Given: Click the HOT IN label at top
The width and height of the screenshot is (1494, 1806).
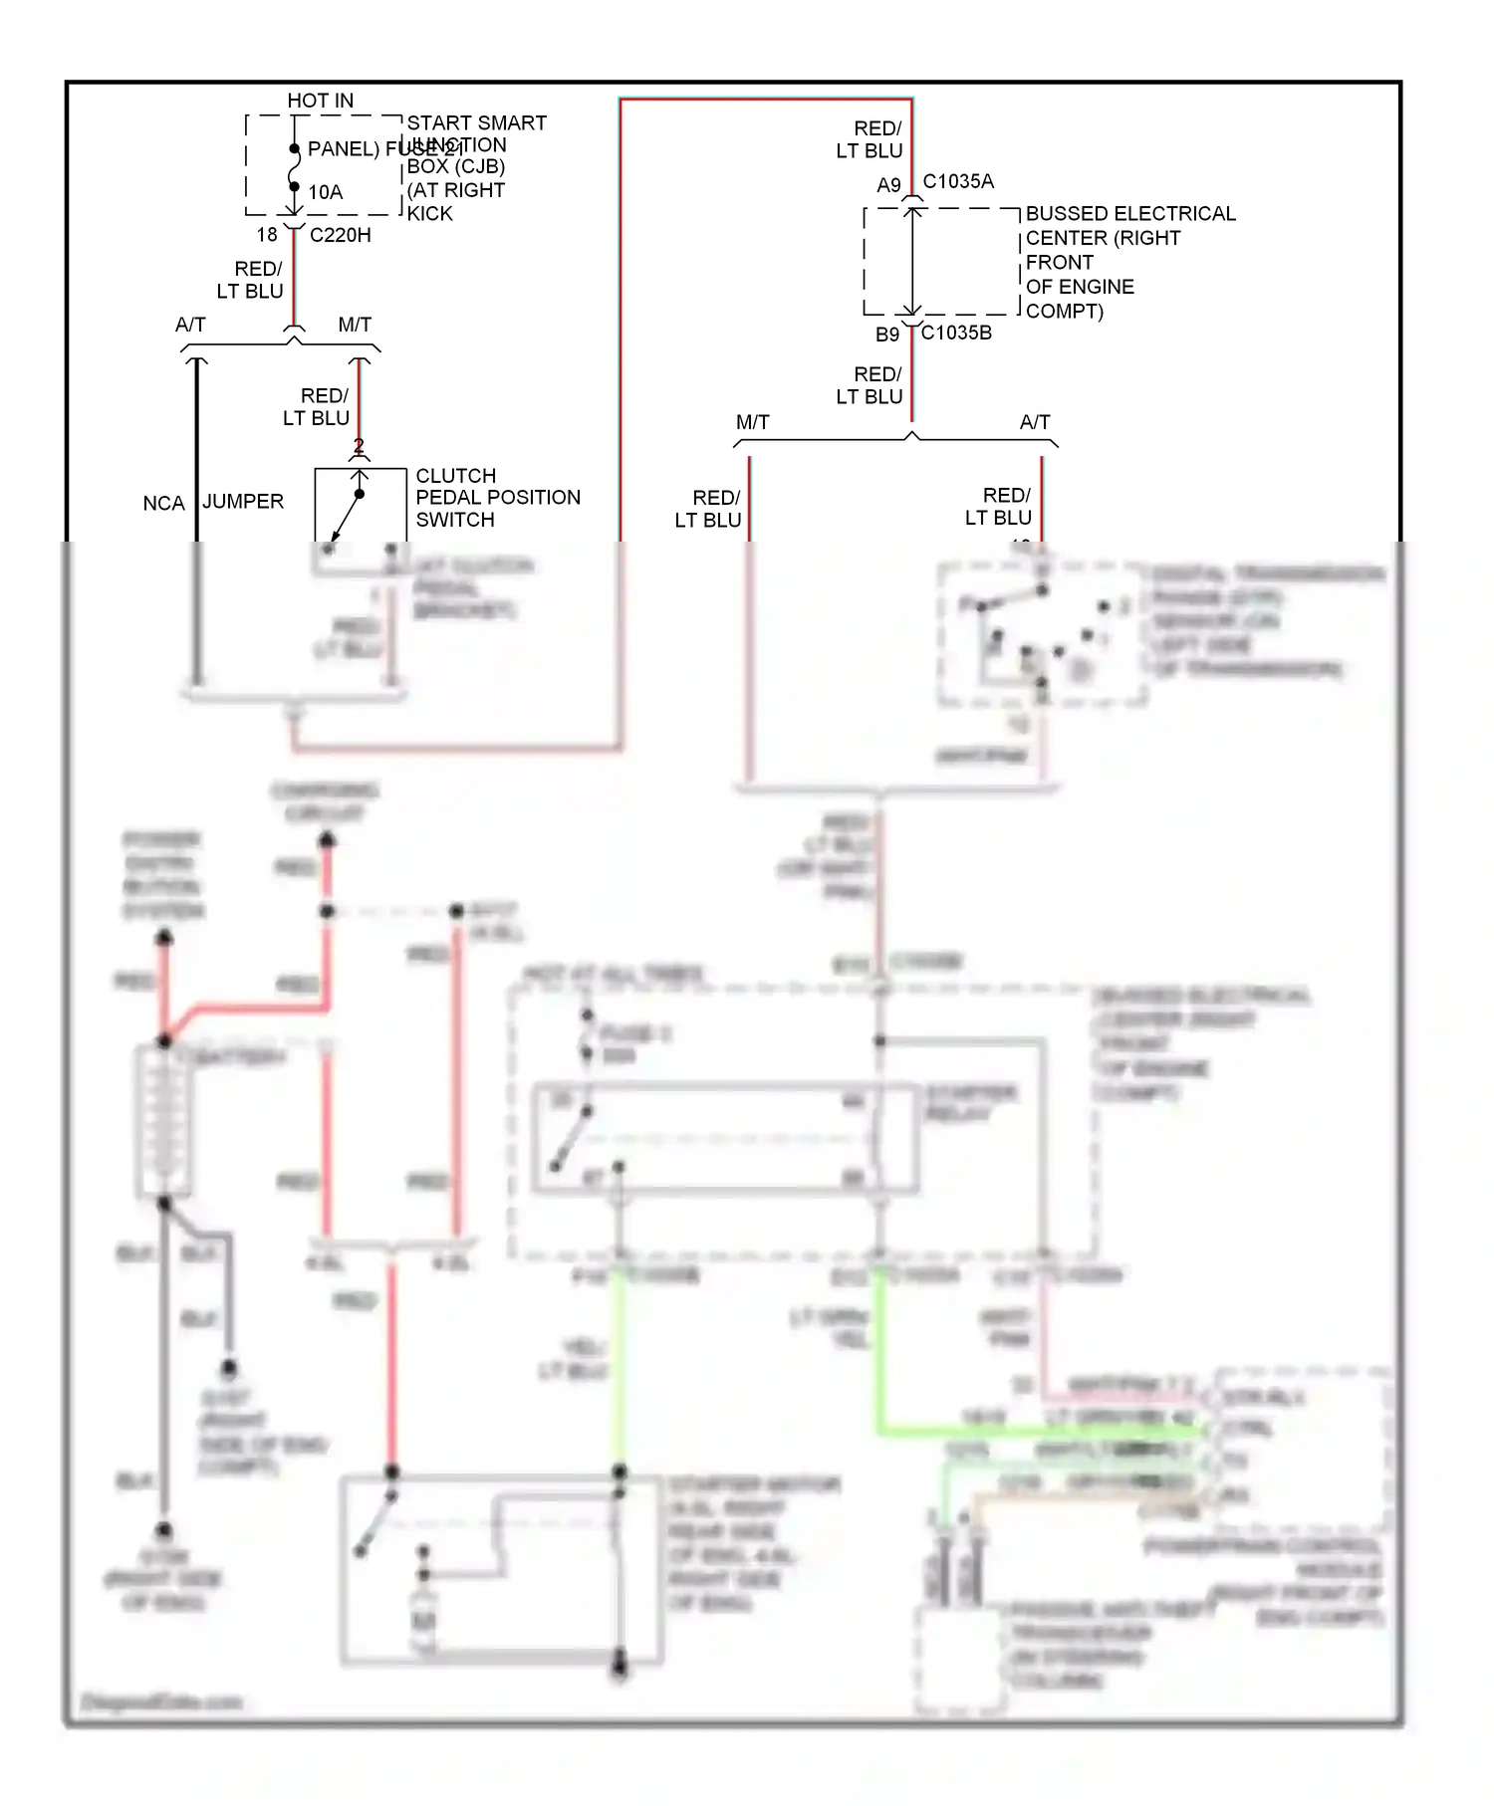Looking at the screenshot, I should tap(320, 101).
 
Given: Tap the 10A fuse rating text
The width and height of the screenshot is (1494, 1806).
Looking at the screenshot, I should tap(325, 192).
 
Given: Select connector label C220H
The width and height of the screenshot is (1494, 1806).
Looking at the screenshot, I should tap(340, 235).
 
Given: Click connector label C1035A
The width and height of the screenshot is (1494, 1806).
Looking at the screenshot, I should tap(957, 181).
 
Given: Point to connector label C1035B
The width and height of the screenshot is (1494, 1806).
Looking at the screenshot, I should tap(955, 333).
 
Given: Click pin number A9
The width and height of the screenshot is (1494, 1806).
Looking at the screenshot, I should tap(888, 185).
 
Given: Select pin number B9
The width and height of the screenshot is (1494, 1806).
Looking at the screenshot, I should tap(886, 335).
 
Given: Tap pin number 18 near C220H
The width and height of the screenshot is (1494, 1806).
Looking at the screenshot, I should tap(266, 235).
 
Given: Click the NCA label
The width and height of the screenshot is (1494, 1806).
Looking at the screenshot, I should tap(163, 503).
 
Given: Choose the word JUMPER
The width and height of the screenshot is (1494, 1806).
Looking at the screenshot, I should tap(243, 501).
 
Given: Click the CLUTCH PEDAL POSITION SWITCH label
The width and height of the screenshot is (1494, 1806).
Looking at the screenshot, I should tap(497, 497).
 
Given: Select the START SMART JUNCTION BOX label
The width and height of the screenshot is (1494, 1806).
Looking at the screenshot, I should tap(476, 166).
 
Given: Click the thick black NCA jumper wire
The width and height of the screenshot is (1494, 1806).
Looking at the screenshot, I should tap(196, 448).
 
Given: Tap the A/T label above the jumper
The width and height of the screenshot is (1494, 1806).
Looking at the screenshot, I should tap(190, 325).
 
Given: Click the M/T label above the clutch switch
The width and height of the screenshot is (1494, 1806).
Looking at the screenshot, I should tap(355, 325).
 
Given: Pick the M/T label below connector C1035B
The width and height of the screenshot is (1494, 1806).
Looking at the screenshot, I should tap(752, 422).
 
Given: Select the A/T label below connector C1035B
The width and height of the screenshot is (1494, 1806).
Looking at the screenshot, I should tap(1034, 422).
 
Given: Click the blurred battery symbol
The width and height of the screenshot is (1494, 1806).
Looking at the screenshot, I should tap(164, 1120).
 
